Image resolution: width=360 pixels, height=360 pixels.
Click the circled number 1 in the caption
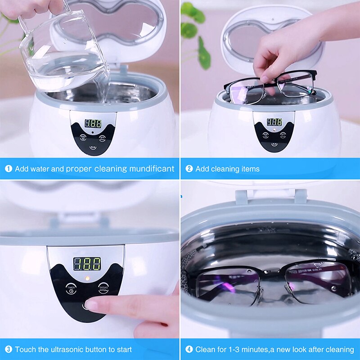9,169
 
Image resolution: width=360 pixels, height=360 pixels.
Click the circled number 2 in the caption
189,169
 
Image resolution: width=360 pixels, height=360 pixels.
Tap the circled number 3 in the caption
9,349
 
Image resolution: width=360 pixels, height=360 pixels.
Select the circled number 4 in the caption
189,349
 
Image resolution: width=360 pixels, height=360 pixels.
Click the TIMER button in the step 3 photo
71,288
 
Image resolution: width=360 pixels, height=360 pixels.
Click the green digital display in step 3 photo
87,264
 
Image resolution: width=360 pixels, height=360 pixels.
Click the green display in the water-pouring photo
93,123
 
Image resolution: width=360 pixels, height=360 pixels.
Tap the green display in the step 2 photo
274,122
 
